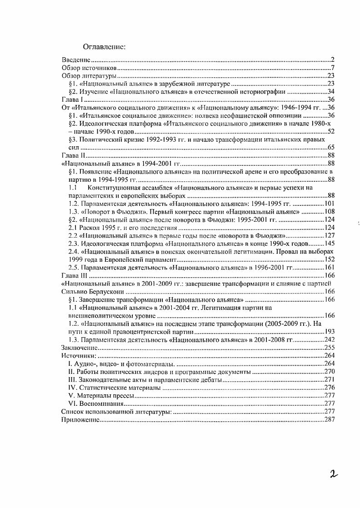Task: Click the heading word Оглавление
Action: (x=104, y=46)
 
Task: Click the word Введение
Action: (x=76, y=60)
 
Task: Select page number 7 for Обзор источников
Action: (x=333, y=68)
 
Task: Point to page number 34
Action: (x=331, y=92)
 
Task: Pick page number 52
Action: (x=331, y=132)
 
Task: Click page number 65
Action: (x=331, y=148)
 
